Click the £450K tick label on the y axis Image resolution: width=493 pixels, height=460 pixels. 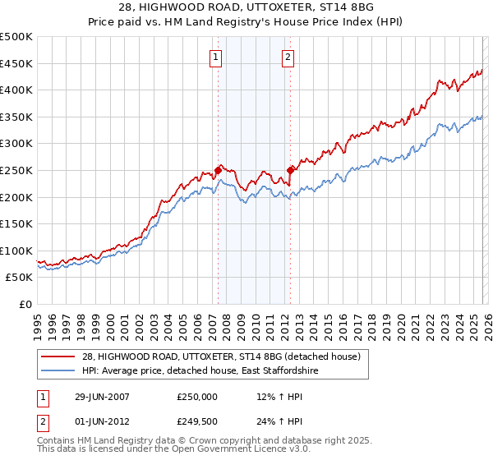point(16,63)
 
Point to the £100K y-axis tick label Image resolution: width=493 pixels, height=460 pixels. point(16,251)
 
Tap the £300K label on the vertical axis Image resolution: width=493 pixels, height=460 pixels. point(16,144)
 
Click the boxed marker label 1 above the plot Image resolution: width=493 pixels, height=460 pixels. point(215,57)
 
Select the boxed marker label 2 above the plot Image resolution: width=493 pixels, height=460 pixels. point(289,57)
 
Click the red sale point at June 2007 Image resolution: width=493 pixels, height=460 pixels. point(218,170)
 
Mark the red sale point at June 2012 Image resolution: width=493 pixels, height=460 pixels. point(289,171)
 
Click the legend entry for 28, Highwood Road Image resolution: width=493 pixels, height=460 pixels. point(220,356)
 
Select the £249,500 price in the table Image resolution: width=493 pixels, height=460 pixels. point(197,421)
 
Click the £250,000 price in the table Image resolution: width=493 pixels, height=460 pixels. point(197,397)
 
